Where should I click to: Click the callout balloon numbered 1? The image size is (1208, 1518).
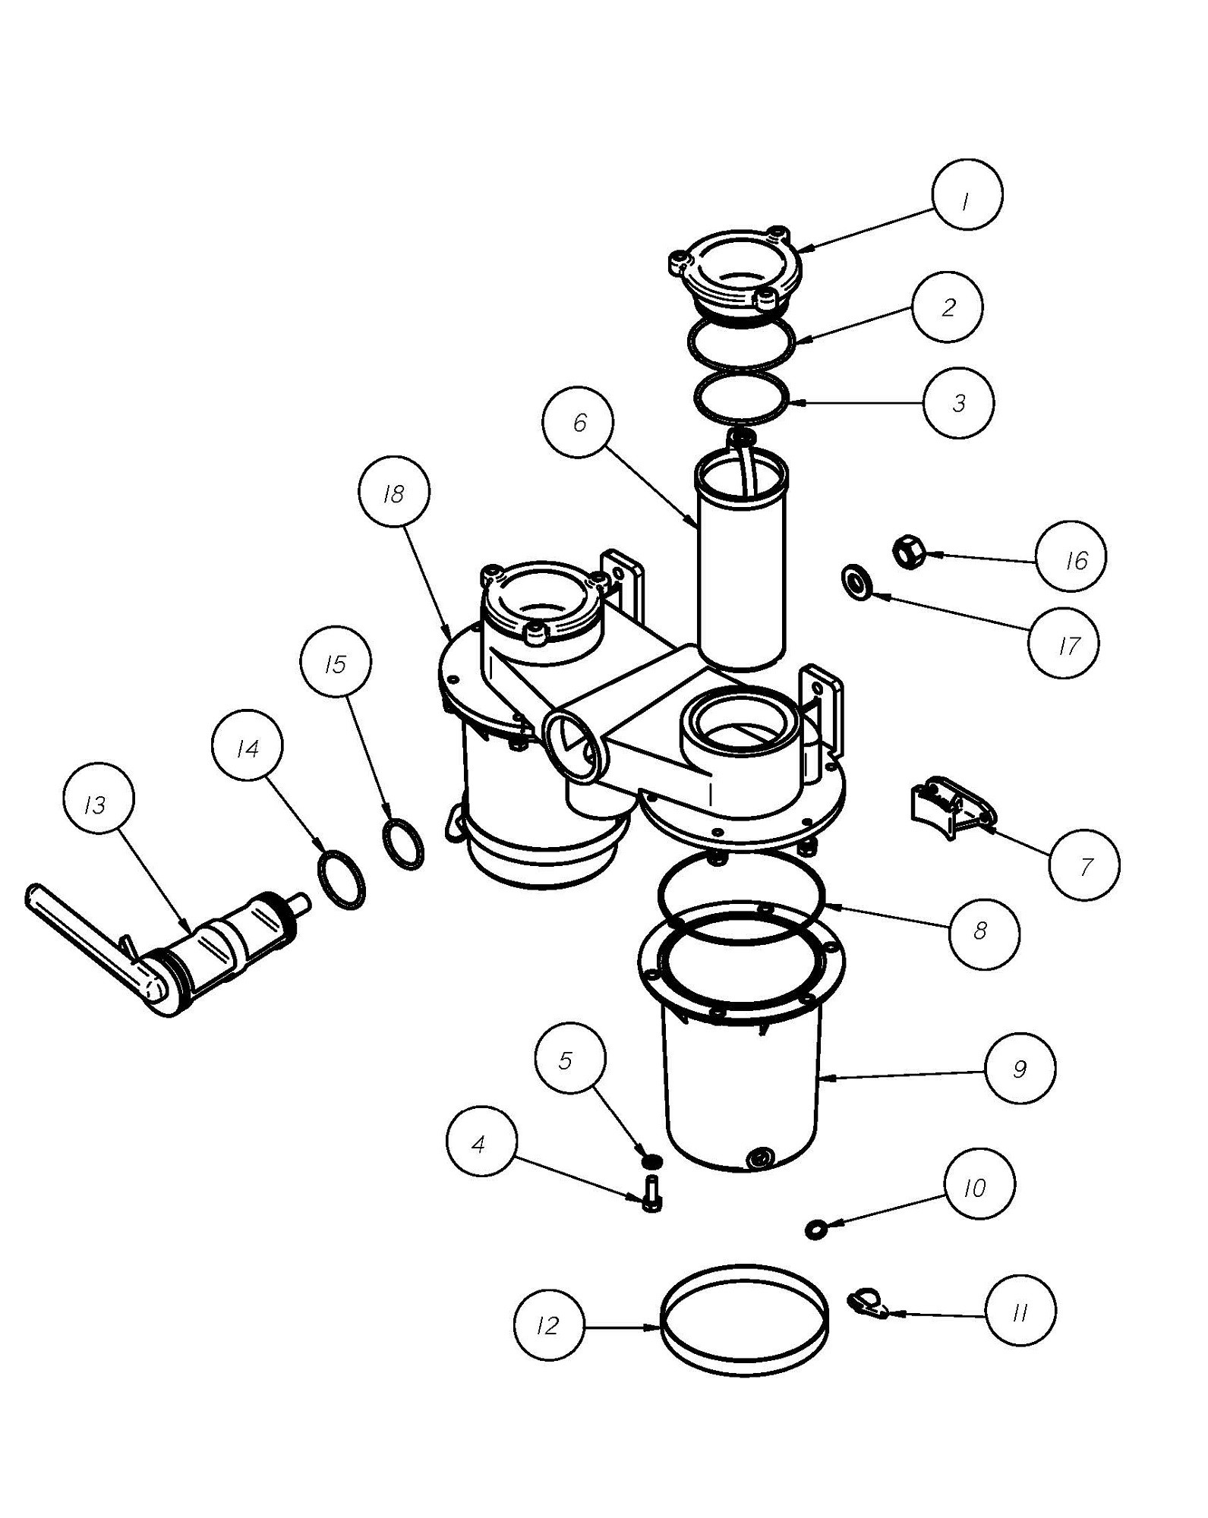click(967, 194)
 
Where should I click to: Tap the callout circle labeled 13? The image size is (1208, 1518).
click(96, 804)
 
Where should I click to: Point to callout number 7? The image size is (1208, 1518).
click(1084, 865)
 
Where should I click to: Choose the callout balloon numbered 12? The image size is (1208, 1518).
click(549, 1326)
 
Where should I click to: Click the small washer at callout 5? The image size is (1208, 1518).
click(650, 1161)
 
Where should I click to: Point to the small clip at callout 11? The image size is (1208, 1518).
click(866, 1302)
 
